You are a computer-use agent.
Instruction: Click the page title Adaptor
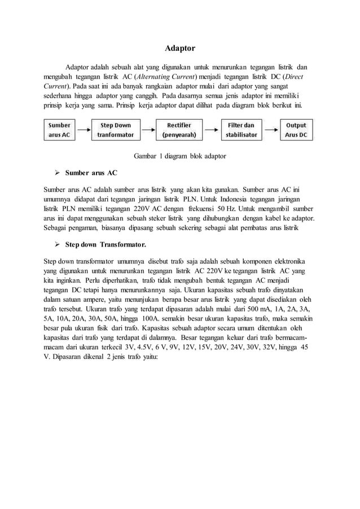point(179,49)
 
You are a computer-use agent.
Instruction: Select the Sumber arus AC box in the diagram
point(60,130)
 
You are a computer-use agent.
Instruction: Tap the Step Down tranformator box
point(116,130)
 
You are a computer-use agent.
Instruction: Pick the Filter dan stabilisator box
point(242,130)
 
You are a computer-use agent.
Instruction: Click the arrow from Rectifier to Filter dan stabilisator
point(209,130)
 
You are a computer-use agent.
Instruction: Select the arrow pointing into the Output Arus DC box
point(271,130)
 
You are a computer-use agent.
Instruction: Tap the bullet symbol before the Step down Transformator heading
point(57,245)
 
